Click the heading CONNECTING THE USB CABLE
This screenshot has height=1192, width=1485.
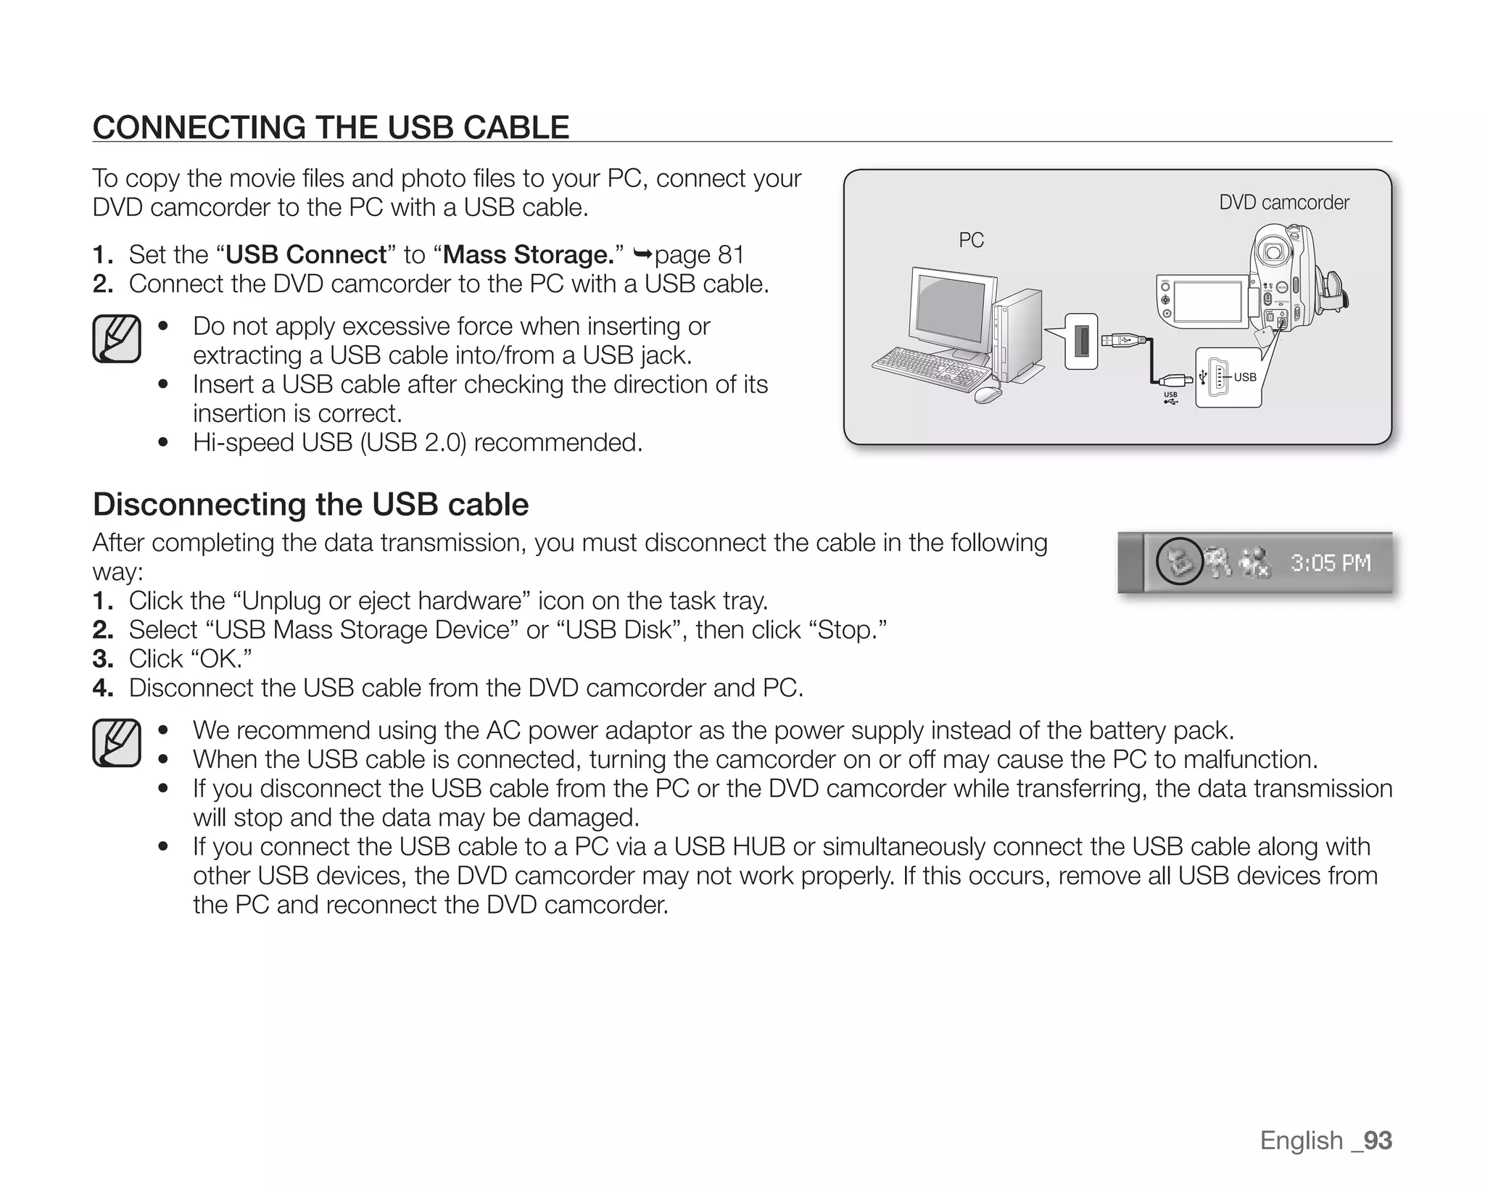tap(331, 127)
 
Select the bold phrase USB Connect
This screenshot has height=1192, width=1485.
tap(306, 254)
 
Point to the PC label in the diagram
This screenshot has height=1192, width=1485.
tap(971, 240)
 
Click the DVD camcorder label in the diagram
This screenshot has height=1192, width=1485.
tap(1283, 202)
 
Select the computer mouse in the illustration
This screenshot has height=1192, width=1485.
tap(987, 394)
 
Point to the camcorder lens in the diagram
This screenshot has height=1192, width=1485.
tap(1272, 252)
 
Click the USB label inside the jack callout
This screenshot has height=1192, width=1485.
tap(1245, 377)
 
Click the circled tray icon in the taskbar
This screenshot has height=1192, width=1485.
tap(1179, 562)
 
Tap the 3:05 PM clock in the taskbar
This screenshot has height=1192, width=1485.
tap(1330, 563)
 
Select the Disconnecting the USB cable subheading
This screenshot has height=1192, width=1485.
tap(310, 504)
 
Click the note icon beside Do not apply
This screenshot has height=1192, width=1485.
tap(116, 339)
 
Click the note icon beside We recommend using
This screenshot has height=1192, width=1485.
tap(116, 742)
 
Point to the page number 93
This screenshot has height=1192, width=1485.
tap(1377, 1140)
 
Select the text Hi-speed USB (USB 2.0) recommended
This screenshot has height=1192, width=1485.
tap(417, 442)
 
